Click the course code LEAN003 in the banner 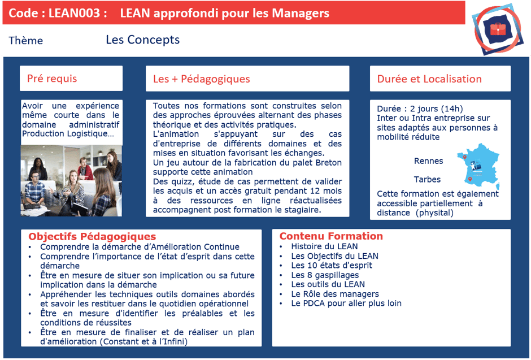76,13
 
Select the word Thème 26,41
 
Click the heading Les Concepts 142,40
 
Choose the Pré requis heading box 71,79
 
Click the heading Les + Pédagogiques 202,79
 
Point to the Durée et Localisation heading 429,79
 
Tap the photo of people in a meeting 71,180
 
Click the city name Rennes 429,161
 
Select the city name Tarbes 428,180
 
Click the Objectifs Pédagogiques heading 92,237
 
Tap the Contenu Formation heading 331,236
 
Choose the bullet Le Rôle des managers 335,294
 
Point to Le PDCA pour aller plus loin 346,303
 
